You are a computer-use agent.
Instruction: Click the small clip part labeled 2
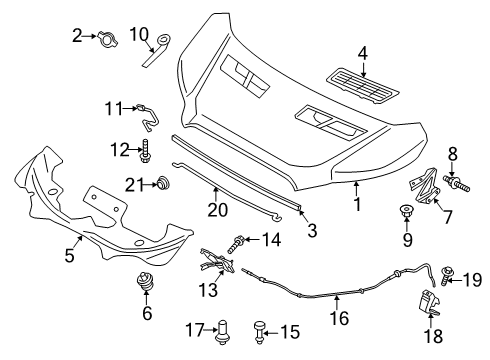(x=106, y=36)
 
